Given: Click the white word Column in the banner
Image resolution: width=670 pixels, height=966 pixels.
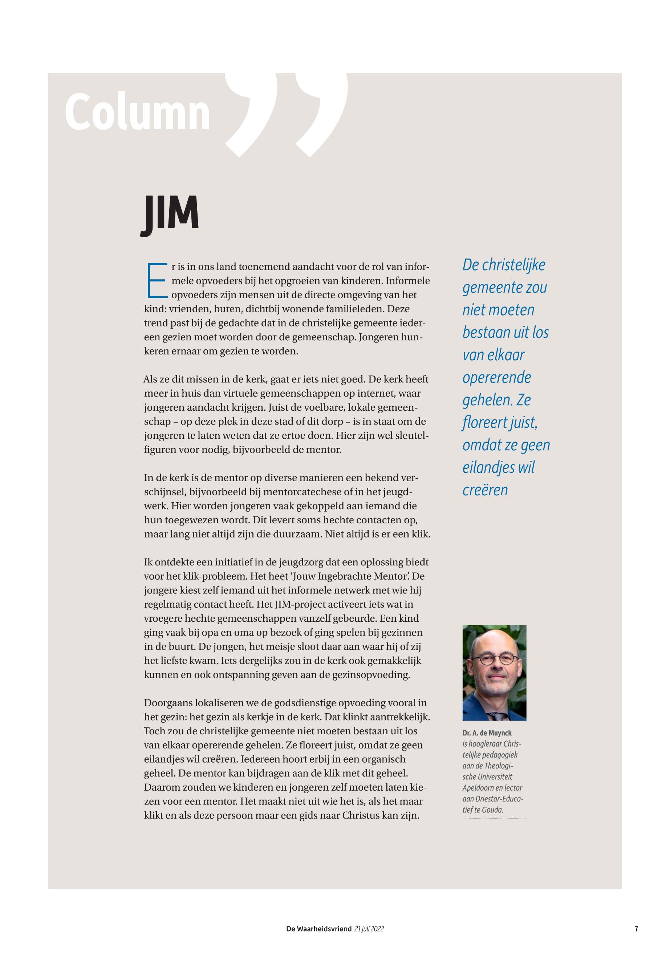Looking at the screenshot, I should pos(137,113).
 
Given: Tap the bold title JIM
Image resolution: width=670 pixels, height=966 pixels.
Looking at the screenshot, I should pos(170,215).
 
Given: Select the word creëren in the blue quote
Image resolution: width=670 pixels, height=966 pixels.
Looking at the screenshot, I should pos(485,490).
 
